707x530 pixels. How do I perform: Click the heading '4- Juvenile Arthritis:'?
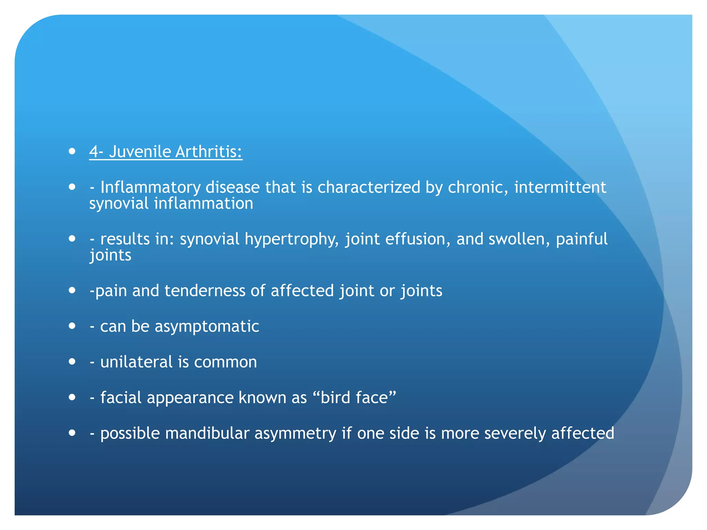166,152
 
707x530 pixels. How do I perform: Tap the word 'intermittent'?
560,188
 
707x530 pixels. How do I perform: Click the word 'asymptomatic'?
207,327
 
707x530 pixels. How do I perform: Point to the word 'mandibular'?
207,433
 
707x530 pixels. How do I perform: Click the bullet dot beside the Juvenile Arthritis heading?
72,151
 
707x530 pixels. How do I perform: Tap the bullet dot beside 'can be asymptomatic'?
72,326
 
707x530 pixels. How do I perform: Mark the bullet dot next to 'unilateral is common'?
72,361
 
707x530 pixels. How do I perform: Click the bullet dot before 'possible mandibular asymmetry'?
72,433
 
